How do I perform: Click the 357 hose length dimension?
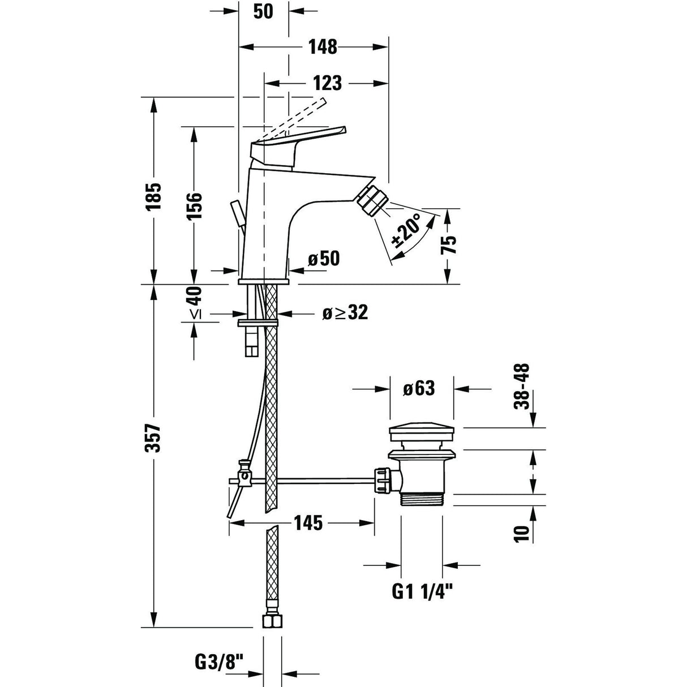click(153, 439)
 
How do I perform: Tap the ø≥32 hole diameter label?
click(345, 312)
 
